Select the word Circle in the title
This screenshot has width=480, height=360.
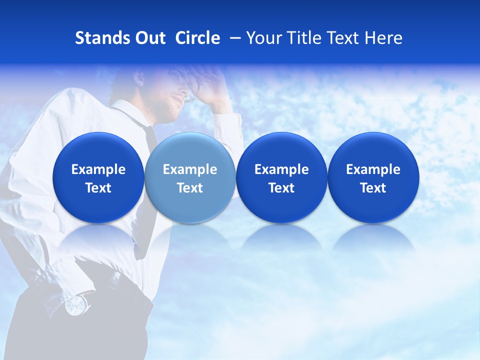point(197,38)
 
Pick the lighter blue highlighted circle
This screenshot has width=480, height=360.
point(190,178)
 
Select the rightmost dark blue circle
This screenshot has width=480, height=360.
point(373,178)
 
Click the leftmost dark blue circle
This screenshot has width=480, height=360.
point(98,178)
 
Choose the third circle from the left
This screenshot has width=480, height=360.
point(281,178)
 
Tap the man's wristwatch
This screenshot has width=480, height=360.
point(76,304)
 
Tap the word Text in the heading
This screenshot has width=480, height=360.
point(343,38)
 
